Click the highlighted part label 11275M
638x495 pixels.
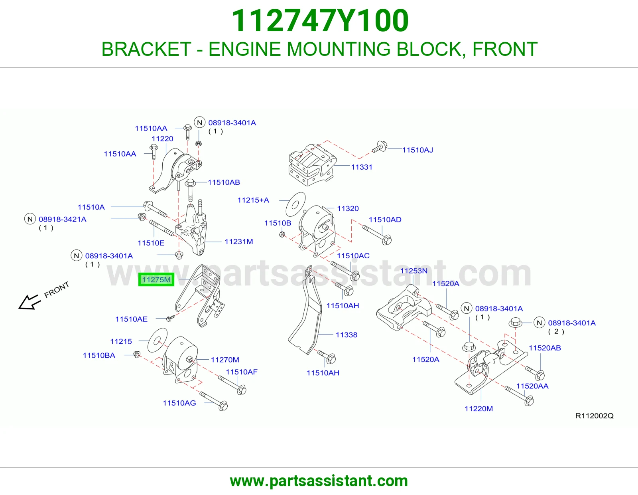click(156, 279)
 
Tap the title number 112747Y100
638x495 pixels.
click(320, 20)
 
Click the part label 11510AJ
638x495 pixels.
click(417, 150)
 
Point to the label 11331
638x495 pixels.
click(362, 167)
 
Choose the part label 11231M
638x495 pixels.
click(239, 242)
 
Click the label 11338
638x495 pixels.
click(347, 335)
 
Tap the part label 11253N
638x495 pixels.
click(414, 271)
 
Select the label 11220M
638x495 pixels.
click(478, 409)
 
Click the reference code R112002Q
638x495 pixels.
click(594, 416)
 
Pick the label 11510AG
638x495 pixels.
click(179, 403)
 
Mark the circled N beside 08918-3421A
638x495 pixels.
click(30, 219)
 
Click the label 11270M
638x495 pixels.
click(225, 360)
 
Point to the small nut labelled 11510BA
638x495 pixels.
click(137, 354)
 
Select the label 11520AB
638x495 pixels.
click(545, 348)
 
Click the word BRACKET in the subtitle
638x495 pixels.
click(146, 49)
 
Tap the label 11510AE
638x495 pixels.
click(131, 319)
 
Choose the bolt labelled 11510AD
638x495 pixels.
click(377, 235)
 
